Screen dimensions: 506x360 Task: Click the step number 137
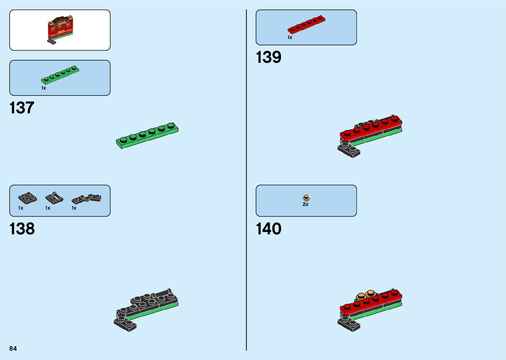coord(22,108)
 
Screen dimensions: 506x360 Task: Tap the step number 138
coord(22,229)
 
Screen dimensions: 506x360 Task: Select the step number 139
coord(268,57)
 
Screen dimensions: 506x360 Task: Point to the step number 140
coord(269,229)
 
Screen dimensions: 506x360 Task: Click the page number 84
coord(13,348)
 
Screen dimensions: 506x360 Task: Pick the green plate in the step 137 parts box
coord(60,75)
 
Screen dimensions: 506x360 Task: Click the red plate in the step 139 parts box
coord(306,24)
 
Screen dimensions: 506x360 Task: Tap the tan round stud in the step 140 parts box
coord(306,198)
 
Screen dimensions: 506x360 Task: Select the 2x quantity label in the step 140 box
coord(305,205)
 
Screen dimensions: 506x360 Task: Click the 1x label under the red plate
coord(290,38)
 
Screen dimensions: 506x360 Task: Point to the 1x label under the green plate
coord(44,88)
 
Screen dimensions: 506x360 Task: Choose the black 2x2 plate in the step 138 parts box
coord(27,198)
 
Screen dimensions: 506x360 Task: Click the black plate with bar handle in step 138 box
coord(54,198)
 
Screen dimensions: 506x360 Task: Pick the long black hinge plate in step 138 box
coord(86,198)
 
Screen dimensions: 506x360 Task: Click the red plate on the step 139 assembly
coord(371,128)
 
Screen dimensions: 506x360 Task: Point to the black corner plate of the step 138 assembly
coord(125,324)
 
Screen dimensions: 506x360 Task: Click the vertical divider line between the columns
coord(246,180)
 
